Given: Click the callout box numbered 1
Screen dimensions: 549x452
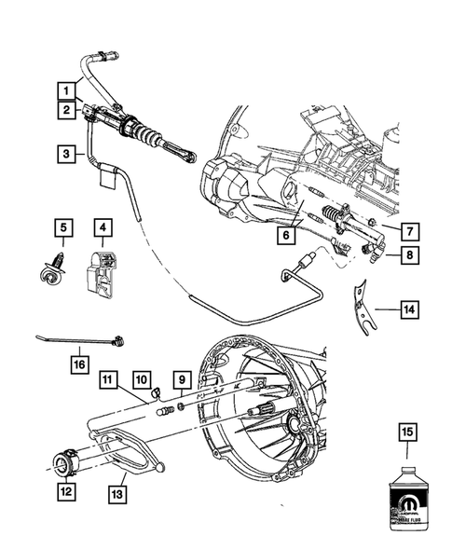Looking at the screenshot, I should point(67,90).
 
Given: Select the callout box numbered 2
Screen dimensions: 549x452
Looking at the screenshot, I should point(67,111).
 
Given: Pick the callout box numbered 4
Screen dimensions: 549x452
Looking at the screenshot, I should point(102,226).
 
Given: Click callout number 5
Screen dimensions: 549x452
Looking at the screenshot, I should point(62,226).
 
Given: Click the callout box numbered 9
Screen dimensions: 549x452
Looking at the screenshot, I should point(183,379).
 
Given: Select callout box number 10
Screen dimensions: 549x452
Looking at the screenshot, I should point(141,379).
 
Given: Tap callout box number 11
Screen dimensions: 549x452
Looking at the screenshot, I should point(109,379).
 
